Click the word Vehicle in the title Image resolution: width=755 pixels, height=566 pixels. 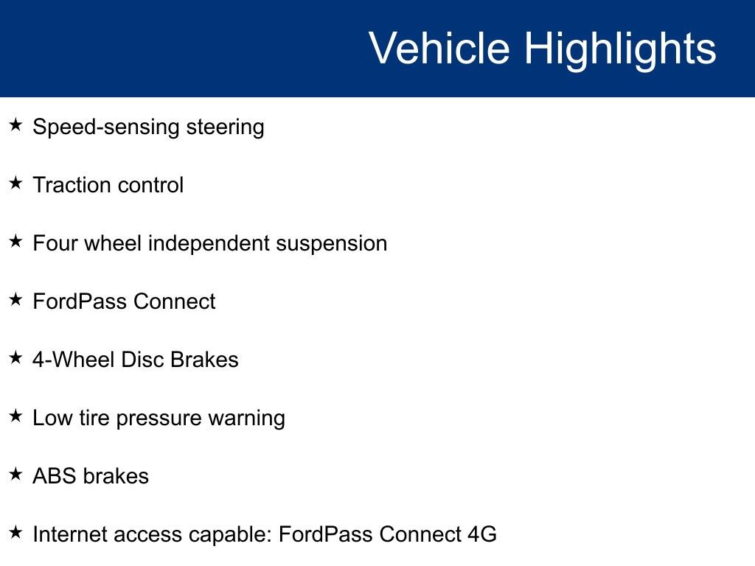(x=439, y=49)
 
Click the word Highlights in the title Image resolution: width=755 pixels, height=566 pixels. (x=620, y=49)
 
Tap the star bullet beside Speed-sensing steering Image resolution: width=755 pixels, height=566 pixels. (x=16, y=125)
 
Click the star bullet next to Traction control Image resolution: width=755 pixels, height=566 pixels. (x=16, y=184)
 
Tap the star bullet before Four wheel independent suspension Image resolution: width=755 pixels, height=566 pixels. (x=16, y=242)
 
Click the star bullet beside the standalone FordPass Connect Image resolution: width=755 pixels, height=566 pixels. (x=16, y=300)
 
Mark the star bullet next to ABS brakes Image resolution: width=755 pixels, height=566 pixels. (x=16, y=475)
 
